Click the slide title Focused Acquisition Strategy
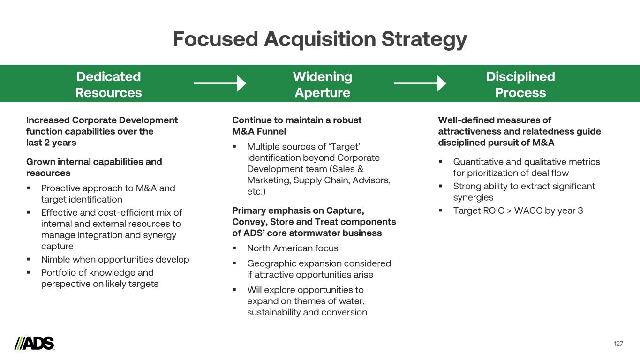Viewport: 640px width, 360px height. tap(320, 39)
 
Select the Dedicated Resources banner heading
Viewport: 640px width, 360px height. tap(108, 84)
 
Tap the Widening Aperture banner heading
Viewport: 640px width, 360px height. tap(322, 84)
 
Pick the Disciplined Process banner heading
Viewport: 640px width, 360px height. tap(520, 84)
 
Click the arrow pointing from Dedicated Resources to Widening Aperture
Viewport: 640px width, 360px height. tap(219, 83)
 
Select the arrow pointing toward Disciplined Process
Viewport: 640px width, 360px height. tap(420, 83)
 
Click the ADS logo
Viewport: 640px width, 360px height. tap(34, 343)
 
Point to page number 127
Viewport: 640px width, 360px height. tap(618, 344)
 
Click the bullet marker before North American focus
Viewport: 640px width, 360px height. tap(234, 248)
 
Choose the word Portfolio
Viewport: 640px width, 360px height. tap(58, 272)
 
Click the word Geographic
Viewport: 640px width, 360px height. tap(270, 263)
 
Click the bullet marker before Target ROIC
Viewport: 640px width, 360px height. tap(441, 210)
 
